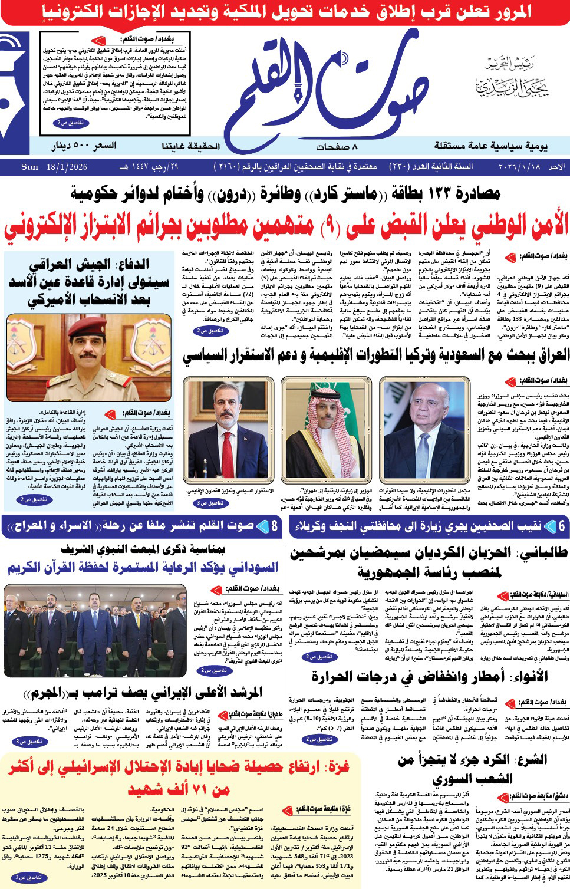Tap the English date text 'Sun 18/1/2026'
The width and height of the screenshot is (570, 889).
point(54,167)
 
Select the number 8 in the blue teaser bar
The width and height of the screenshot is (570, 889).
point(274,526)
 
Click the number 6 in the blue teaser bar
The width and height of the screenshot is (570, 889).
point(562,526)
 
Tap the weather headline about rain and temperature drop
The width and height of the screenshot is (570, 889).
point(430,676)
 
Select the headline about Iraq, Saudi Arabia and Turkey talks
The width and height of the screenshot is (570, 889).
point(375,355)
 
